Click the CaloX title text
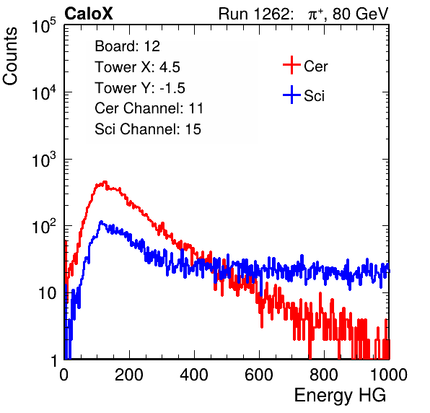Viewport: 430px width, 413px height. [x=88, y=14]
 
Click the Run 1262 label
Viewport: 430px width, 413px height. [x=254, y=14]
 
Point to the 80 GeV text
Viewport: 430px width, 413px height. [x=360, y=14]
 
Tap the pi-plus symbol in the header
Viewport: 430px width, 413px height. [x=315, y=14]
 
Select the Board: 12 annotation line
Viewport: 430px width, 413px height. [x=127, y=46]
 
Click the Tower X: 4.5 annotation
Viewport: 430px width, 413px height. [x=137, y=67]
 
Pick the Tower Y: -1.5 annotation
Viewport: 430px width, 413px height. [x=140, y=88]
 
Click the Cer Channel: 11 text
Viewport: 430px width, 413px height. [x=149, y=108]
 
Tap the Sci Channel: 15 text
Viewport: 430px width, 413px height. [x=148, y=129]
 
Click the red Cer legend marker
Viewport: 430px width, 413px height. [x=291, y=65]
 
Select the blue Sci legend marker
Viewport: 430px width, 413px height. [x=291, y=95]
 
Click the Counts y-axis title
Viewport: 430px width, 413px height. [x=10, y=56]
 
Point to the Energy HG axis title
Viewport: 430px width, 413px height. [x=340, y=396]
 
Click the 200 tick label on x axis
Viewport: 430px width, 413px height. [x=129, y=375]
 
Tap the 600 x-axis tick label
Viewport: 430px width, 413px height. [x=259, y=375]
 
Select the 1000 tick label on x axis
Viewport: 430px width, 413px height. [x=389, y=375]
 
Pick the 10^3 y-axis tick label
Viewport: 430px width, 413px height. [x=44, y=160]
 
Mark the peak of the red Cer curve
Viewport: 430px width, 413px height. [x=105, y=182]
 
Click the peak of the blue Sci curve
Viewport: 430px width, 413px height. [x=101, y=222]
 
